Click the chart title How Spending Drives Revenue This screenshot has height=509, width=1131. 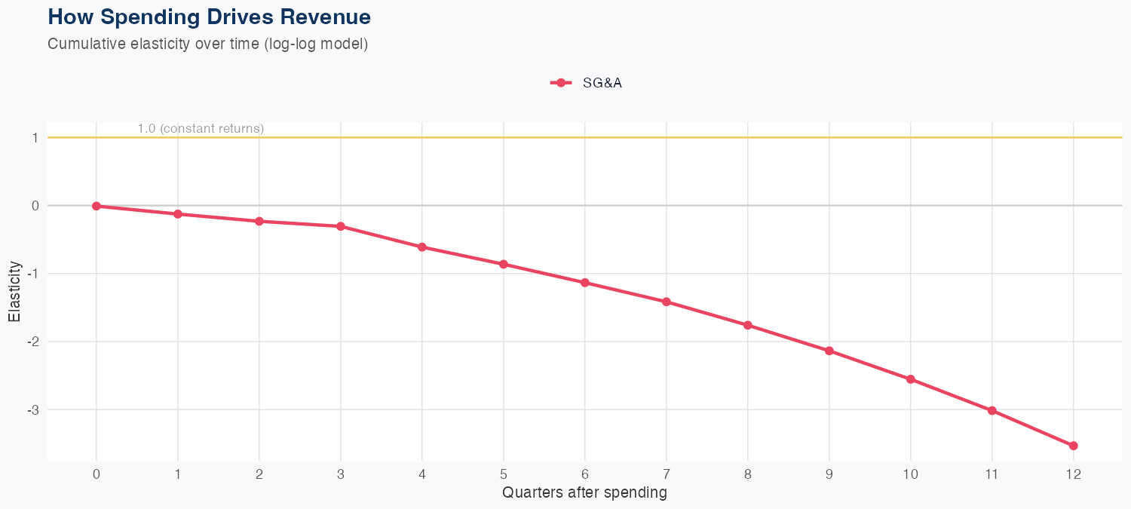209,17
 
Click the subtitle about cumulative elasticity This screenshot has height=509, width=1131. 207,44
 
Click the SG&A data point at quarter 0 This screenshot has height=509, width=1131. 97,206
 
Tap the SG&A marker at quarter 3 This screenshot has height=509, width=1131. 341,226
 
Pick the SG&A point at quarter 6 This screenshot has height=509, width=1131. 585,283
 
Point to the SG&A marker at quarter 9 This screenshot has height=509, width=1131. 829,351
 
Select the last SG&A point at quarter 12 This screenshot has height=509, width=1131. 1074,446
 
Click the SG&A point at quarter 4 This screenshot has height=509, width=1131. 422,247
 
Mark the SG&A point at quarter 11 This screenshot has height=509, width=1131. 992,411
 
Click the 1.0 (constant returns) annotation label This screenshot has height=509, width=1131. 201,129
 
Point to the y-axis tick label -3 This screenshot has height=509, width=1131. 34,410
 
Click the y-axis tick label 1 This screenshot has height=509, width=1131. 35,138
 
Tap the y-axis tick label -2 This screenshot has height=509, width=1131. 34,342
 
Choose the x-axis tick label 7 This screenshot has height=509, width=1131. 667,474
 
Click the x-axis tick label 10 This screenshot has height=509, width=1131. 911,474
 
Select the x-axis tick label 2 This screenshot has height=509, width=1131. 259,474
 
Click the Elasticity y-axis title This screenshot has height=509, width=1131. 14,292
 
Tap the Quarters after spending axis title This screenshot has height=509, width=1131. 584,493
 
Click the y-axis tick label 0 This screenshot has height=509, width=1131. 35,206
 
